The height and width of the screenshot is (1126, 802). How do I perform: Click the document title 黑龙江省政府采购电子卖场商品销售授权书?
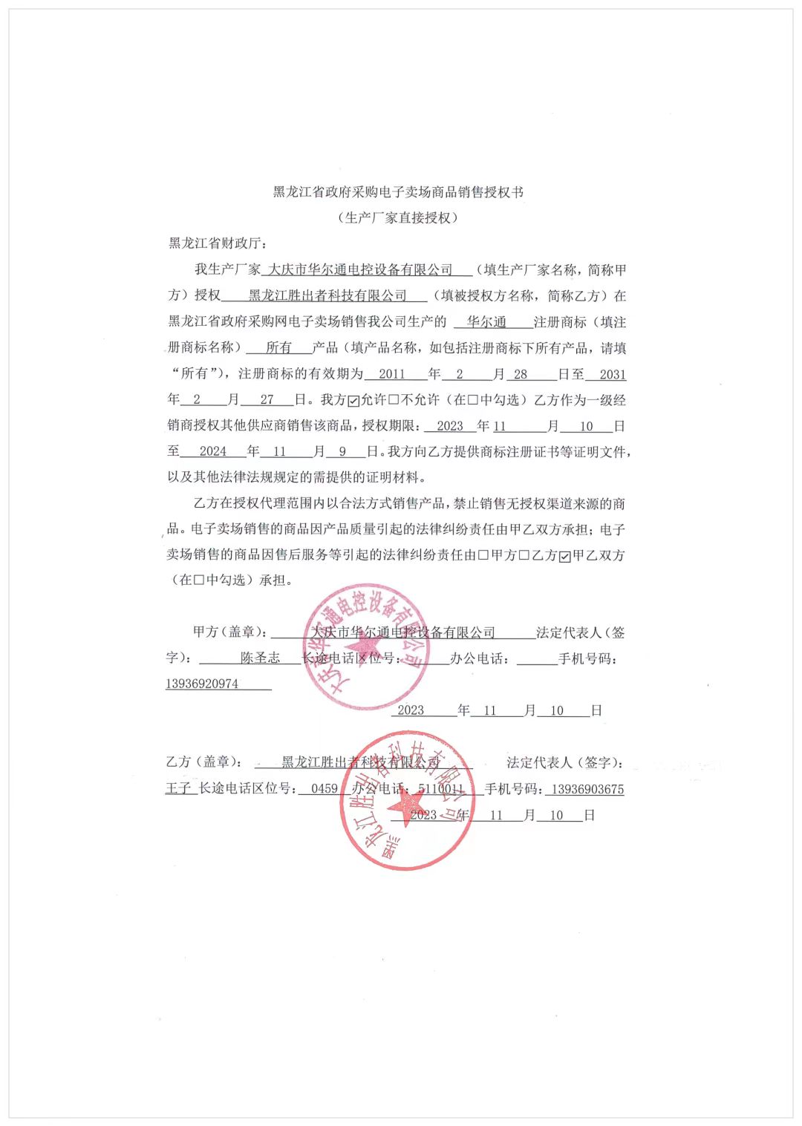click(398, 192)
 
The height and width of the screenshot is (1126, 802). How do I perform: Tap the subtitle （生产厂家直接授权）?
click(398, 217)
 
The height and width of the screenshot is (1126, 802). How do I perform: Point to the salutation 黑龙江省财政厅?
click(215, 243)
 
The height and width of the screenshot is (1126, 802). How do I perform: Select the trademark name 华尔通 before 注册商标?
click(486, 322)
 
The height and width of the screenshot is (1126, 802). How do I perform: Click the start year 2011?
click(392, 374)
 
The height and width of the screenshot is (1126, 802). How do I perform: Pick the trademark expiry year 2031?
click(613, 374)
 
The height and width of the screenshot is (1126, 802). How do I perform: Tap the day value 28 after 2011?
click(521, 374)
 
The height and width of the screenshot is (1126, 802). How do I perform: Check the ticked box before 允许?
click(354, 401)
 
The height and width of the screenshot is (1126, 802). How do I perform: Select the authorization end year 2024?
click(213, 451)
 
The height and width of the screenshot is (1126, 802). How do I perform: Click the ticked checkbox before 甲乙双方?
click(565, 556)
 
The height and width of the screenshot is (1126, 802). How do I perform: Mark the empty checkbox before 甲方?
click(484, 556)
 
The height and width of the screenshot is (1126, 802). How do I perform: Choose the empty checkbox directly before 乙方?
click(524, 556)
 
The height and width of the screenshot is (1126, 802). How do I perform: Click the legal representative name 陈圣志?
click(261, 658)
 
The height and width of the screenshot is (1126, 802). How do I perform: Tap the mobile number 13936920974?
click(202, 684)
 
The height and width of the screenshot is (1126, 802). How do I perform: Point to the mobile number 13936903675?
click(587, 789)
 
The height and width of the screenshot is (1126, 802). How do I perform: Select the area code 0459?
click(325, 789)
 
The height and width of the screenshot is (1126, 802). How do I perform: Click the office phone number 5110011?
click(441, 789)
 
